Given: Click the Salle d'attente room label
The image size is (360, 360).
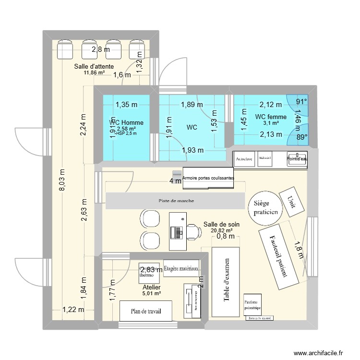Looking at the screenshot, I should tap(94, 66).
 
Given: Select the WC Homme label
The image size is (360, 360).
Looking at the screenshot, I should tap(126, 123).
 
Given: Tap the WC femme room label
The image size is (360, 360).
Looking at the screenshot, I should tap(271, 117).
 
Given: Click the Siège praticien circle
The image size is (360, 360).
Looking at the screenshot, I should tap(264, 208).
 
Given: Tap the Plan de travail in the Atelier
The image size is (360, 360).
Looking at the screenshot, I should tap(146, 311).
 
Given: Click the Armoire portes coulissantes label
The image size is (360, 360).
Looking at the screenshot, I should tap(208, 178).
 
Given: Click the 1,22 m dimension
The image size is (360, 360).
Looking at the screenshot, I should tap(73, 310).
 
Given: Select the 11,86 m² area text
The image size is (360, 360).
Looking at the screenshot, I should tap(94, 73).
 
